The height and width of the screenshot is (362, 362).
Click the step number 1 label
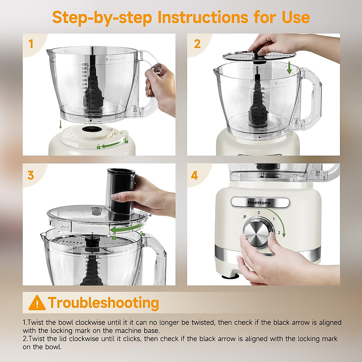point(31,44)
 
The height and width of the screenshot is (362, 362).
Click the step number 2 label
point(197,44)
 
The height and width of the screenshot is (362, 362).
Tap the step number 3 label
point(31,175)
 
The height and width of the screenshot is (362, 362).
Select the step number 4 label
point(195,175)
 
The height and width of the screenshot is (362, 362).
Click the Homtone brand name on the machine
point(259,203)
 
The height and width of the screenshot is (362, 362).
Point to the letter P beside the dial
point(245,217)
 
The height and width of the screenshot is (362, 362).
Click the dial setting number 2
point(279,233)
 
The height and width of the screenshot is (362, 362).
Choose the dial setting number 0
point(259,213)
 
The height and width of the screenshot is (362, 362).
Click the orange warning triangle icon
point(37,303)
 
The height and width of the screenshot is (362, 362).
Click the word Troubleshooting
point(103,303)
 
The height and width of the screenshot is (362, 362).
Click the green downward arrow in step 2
point(289,67)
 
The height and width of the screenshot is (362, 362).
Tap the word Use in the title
point(296,17)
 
